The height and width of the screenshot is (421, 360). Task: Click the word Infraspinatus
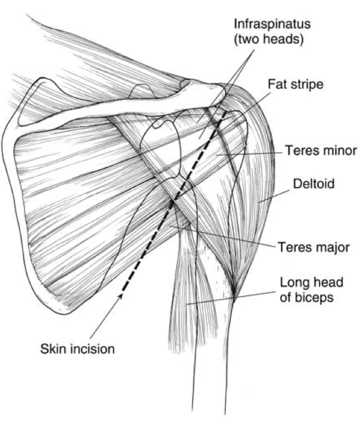[268, 24]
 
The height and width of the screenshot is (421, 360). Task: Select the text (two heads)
[268, 41]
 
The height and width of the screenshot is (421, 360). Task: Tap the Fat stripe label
[296, 85]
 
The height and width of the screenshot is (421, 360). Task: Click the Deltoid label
[314, 184]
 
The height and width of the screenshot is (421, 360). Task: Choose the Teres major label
[313, 247]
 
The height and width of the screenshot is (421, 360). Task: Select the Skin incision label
[77, 349]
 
